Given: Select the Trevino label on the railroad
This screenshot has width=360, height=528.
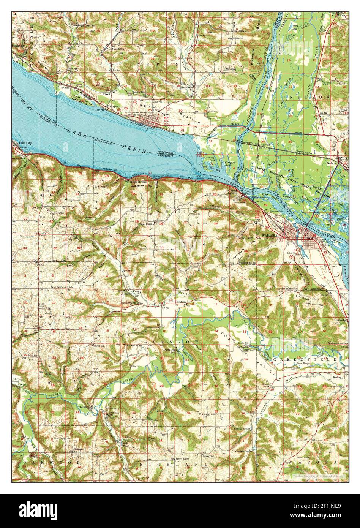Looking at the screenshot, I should (x=265, y=145).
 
